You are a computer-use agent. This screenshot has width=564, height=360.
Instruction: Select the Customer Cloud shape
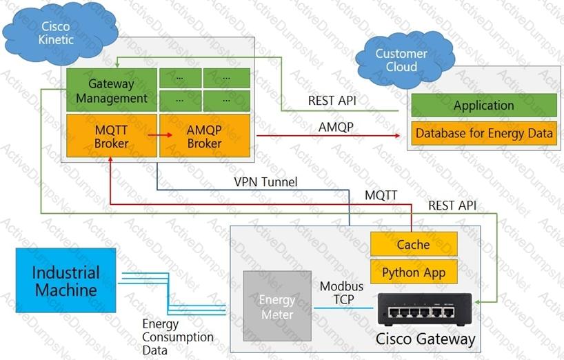[x=401, y=60]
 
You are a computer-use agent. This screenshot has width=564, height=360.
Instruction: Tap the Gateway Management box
[x=111, y=91]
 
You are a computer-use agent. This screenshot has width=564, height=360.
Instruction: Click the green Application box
[x=483, y=106]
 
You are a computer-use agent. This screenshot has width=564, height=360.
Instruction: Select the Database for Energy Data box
[x=483, y=133]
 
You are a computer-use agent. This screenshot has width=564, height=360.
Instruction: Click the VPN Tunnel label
[x=265, y=182]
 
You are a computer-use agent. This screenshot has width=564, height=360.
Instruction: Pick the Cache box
[x=414, y=244]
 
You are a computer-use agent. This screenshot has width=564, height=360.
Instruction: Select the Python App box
[x=414, y=272]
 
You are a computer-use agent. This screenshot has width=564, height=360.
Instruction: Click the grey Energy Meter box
[x=276, y=307]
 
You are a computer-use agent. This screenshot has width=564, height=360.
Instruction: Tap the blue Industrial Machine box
[x=66, y=280]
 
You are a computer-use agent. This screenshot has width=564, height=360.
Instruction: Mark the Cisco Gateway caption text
[x=425, y=339]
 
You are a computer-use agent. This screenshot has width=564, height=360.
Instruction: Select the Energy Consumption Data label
[x=177, y=337]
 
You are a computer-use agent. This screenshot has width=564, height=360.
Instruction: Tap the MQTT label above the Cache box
[x=381, y=195]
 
